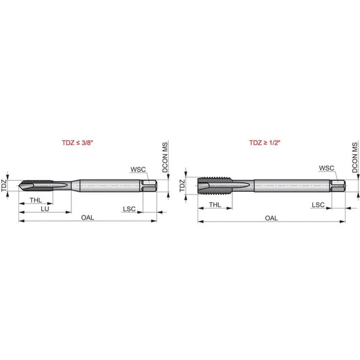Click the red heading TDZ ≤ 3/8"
pyautogui.click(x=78, y=142)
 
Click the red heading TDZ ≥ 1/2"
pyautogui.click(x=265, y=142)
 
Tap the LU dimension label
pyautogui.click(x=45, y=209)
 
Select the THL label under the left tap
pyautogui.click(x=36, y=200)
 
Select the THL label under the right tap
pyautogui.click(x=215, y=205)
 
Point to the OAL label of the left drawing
pyautogui.click(x=88, y=218)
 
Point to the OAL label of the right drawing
pyautogui.click(x=271, y=218)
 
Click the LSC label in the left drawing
pyautogui.click(x=129, y=209)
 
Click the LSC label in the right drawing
pyautogui.click(x=318, y=205)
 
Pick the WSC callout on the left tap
pyautogui.click(x=138, y=169)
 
